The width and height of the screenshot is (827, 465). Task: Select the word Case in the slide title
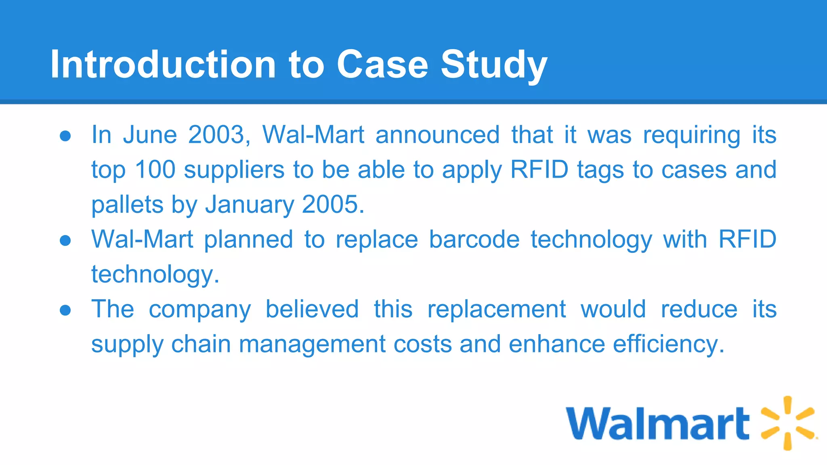382,64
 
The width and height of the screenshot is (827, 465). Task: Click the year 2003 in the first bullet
216,134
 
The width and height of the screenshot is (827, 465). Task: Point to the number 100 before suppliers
155,170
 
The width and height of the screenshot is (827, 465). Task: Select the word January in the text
250,205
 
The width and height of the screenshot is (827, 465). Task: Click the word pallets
127,205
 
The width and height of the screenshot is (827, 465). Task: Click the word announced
438,134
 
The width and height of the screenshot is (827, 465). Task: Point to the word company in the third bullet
200,310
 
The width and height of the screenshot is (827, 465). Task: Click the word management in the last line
312,345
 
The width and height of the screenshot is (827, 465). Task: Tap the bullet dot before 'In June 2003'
65,136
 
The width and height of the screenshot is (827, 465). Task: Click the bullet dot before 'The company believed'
65,310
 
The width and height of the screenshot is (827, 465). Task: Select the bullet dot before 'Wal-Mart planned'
65,241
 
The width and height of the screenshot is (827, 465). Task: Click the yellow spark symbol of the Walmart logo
787,423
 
